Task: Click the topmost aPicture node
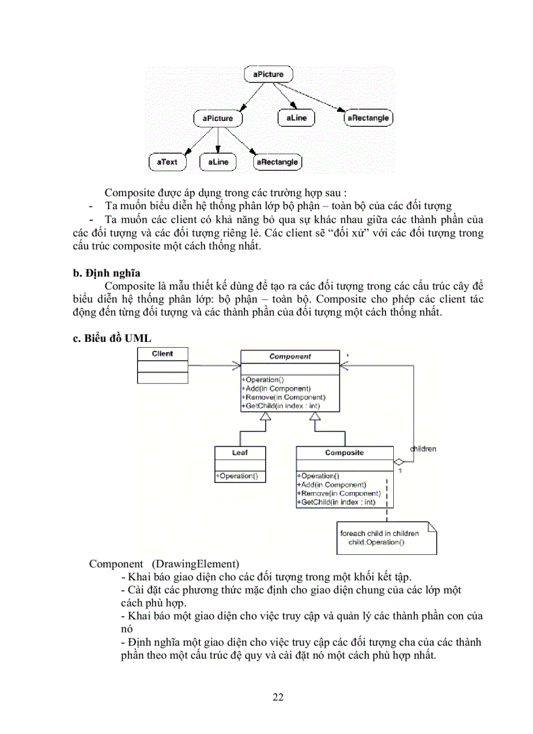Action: pyautogui.click(x=268, y=74)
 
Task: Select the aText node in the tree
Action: pyautogui.click(x=167, y=161)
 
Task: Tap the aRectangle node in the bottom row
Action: pyautogui.click(x=277, y=161)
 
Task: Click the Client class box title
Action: pyautogui.click(x=162, y=354)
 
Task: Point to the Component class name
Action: pyautogui.click(x=290, y=357)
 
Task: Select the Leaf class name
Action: pyautogui.click(x=240, y=452)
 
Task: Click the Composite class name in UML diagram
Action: pyautogui.click(x=344, y=452)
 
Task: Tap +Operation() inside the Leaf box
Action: pyautogui.click(x=236, y=476)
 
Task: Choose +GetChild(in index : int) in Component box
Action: pyautogui.click(x=281, y=406)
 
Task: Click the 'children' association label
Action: pyautogui.click(x=423, y=449)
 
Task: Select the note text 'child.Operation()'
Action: pyautogui.click(x=376, y=542)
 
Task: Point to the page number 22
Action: pyautogui.click(x=278, y=697)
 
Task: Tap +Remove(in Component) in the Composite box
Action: pyautogui.click(x=339, y=493)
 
